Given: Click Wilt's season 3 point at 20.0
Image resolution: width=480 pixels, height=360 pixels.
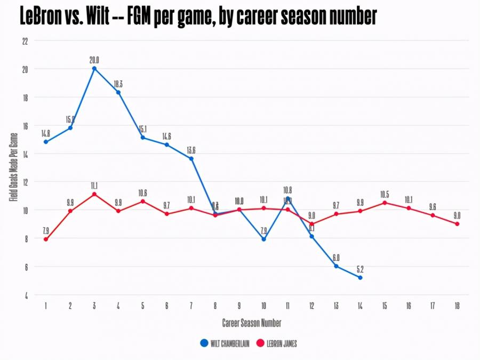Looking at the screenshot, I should point(94,68).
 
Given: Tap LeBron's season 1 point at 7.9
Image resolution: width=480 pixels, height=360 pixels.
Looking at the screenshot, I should point(46,239).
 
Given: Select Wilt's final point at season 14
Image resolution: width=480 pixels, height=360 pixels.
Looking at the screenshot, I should point(361,277).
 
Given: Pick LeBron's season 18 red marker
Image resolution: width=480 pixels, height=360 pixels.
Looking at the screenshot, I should point(457,224).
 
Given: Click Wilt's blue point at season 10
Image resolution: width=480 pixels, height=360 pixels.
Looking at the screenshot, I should point(263,239).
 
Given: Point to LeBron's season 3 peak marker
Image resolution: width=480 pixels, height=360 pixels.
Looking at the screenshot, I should point(94,194).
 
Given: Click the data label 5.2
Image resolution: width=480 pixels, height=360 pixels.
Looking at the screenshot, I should point(361,269).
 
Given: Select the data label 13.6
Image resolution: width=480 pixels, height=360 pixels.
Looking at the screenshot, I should point(191,150).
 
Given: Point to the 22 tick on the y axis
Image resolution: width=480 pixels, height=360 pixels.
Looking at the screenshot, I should point(25,41).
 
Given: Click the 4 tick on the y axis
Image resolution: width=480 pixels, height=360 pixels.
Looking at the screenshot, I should point(26,295).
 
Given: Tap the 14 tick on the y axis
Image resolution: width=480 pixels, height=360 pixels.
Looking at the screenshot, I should point(25,154).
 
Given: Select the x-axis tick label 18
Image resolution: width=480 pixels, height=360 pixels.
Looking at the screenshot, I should point(457,306).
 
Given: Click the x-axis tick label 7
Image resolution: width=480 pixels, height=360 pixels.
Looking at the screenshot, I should point(191,306).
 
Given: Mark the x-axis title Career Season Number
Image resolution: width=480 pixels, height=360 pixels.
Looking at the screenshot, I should point(252,323).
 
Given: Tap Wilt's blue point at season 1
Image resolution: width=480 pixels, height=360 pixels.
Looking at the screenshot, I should point(46,142).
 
